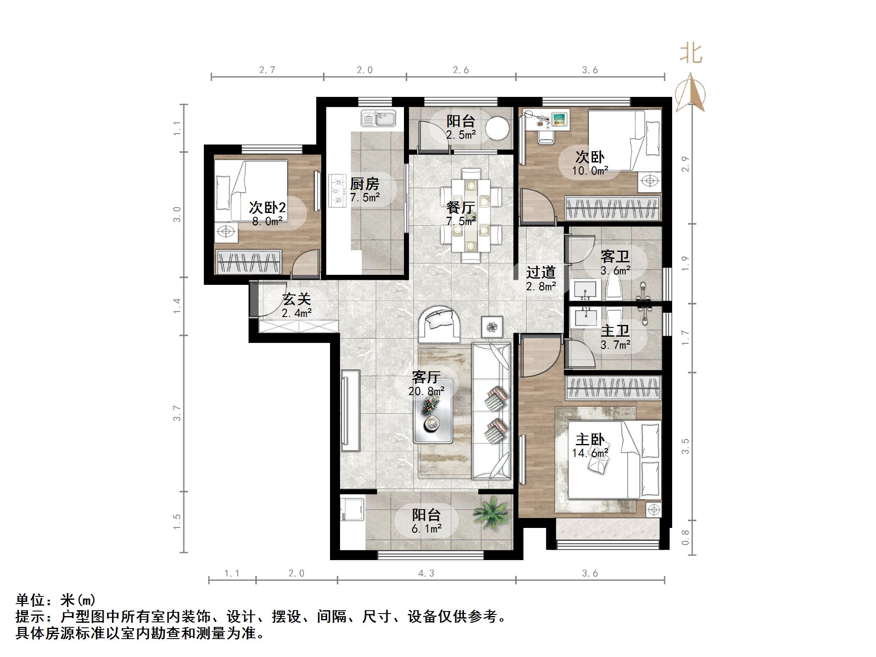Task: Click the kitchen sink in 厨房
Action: (x=378, y=118)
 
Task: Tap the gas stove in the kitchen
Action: (x=338, y=191)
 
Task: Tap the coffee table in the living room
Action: (x=433, y=411)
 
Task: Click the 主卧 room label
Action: (x=589, y=440)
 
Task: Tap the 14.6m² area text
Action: (x=589, y=453)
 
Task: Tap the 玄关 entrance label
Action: (x=297, y=299)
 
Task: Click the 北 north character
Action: (x=691, y=54)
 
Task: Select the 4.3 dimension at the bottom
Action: (x=426, y=573)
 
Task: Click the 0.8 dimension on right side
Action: (x=685, y=538)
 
